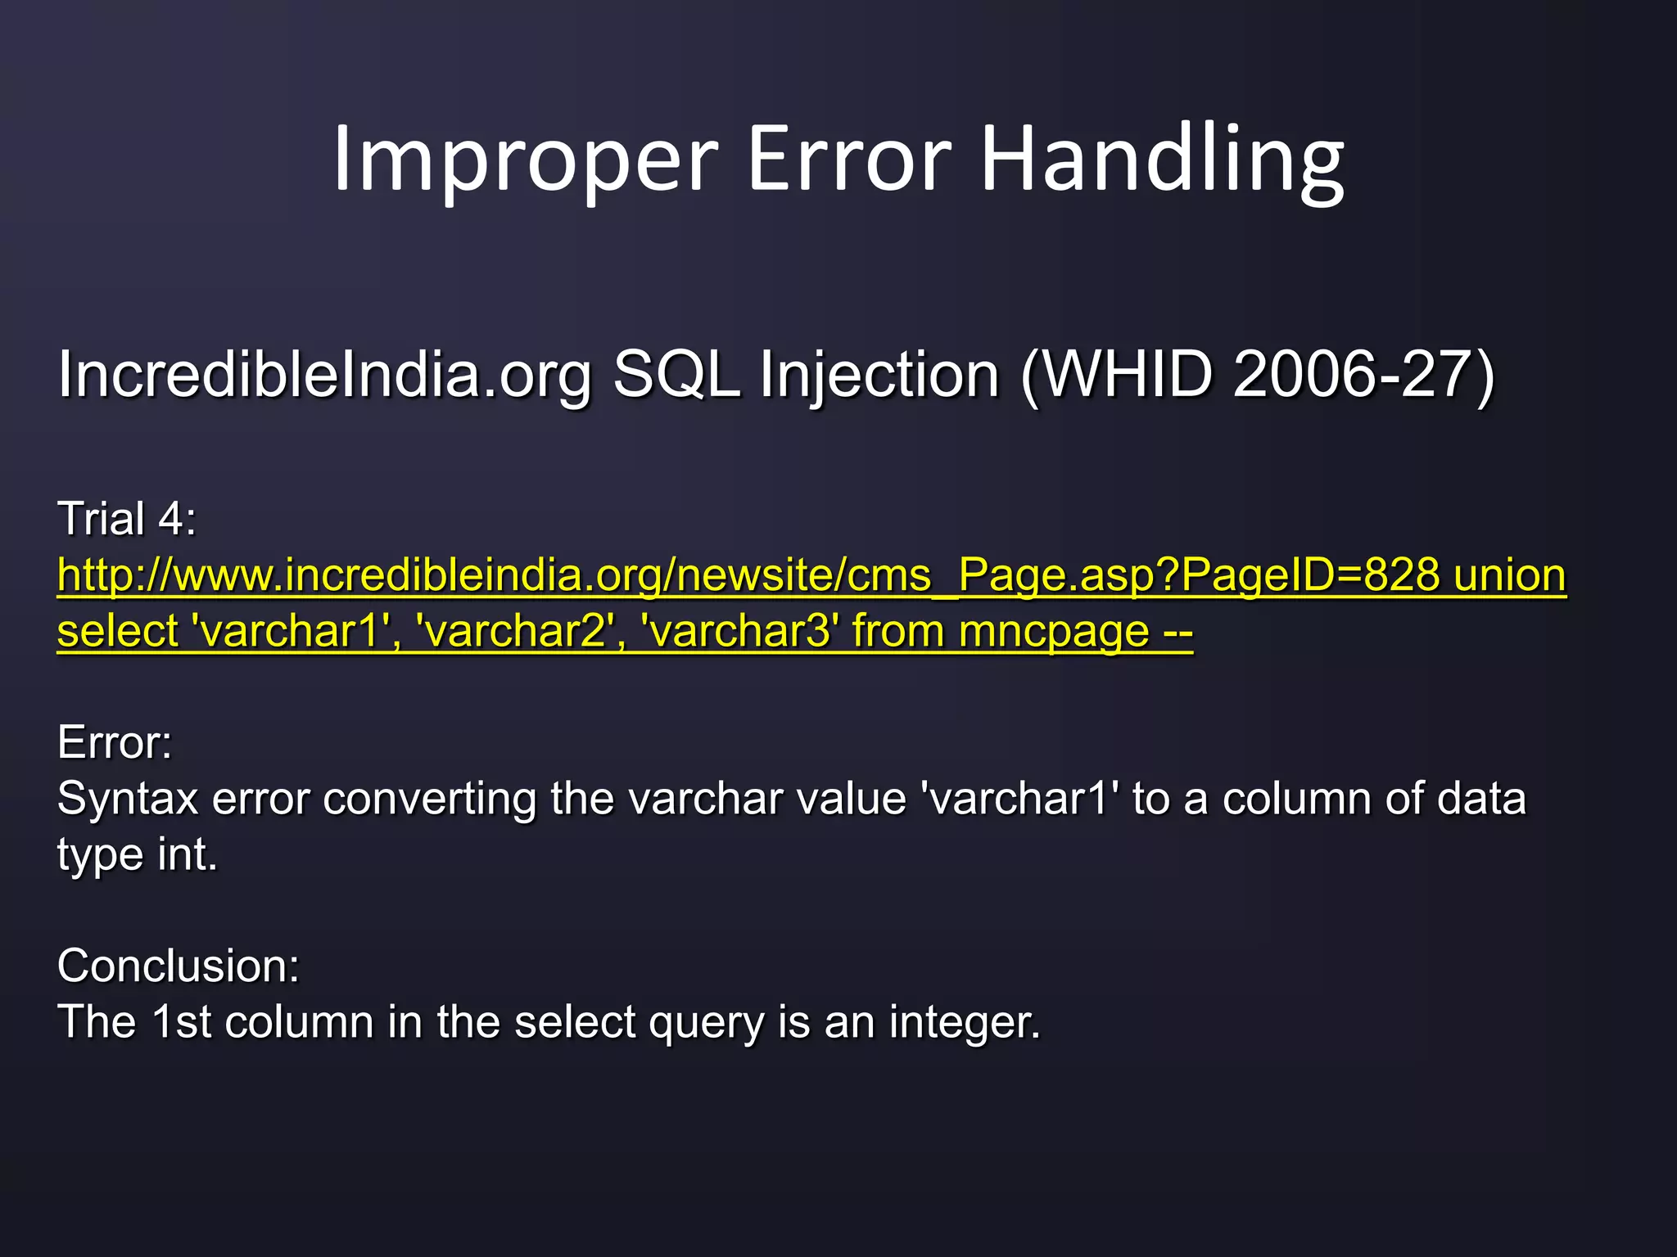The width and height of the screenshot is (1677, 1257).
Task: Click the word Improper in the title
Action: point(525,160)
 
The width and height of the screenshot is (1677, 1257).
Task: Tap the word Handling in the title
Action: point(1162,160)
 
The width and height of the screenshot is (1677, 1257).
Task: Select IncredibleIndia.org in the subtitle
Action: point(324,375)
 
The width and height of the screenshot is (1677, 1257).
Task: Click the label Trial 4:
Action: point(127,519)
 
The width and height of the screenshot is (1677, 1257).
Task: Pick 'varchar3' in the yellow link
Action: point(741,631)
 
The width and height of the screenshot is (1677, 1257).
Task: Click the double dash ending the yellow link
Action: point(1178,631)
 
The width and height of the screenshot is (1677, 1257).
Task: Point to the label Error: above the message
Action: point(115,743)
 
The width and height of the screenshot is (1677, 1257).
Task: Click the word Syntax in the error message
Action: point(127,800)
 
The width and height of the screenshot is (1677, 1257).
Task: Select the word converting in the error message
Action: point(429,800)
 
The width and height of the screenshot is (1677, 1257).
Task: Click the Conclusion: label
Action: point(179,966)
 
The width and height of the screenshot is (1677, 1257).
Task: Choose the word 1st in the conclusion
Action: point(181,1022)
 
